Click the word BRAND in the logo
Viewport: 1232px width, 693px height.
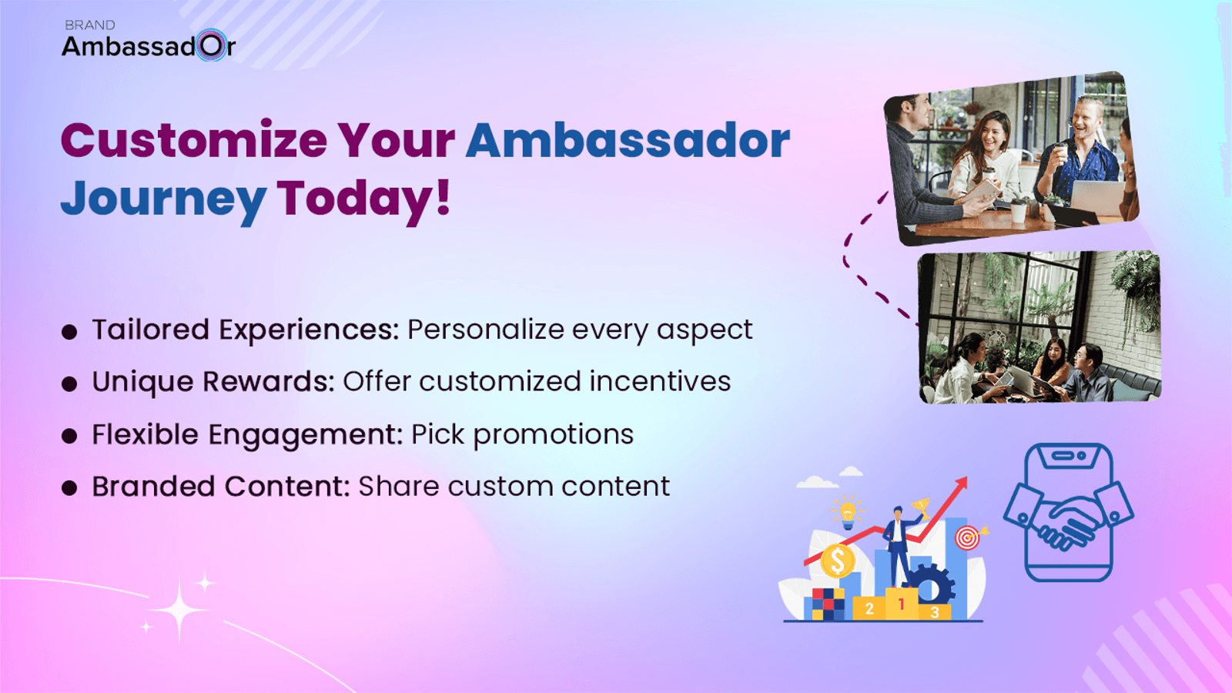[90, 25]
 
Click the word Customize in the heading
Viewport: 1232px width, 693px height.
[194, 140]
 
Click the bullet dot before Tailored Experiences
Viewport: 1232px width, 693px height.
[69, 332]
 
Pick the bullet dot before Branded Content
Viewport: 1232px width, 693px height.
[69, 488]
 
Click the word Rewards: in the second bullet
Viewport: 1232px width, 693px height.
[269, 381]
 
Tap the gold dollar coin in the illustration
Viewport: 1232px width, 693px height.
[838, 561]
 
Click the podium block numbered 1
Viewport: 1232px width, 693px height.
[902, 604]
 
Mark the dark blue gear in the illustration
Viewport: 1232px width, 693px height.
[929, 587]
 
